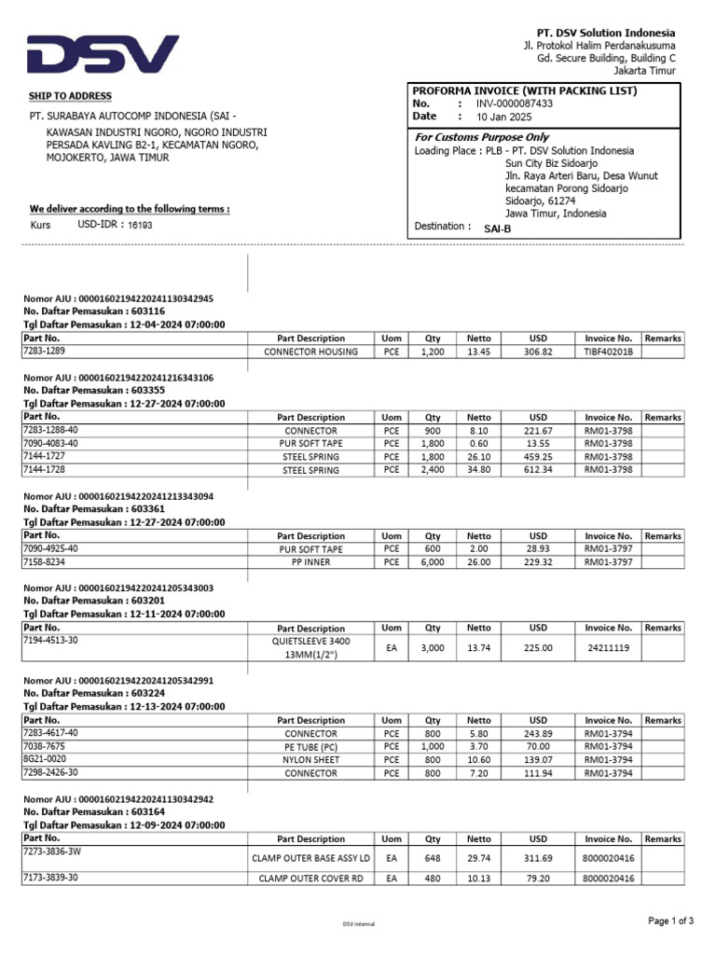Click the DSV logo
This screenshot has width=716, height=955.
(x=103, y=54)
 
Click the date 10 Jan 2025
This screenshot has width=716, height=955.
(x=503, y=117)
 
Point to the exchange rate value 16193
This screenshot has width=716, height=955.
(x=139, y=226)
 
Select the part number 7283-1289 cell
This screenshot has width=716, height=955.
(x=44, y=352)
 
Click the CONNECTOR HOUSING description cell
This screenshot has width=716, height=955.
(x=310, y=352)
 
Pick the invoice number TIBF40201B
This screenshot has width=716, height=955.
(x=608, y=352)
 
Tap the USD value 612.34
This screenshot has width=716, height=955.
(x=538, y=470)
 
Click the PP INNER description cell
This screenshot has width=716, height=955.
(x=310, y=562)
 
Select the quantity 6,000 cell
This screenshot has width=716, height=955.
(x=433, y=562)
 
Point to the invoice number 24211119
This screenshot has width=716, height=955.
(x=608, y=647)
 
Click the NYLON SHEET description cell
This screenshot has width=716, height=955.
(x=310, y=760)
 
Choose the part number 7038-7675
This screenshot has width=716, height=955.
(x=44, y=746)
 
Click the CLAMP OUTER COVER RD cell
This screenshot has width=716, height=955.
(x=310, y=878)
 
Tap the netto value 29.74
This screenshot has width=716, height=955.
(x=478, y=857)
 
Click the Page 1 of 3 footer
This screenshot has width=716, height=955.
(x=671, y=921)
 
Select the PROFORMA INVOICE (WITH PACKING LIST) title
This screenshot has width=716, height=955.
(x=525, y=90)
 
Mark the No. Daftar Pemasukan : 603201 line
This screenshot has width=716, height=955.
(x=94, y=601)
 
